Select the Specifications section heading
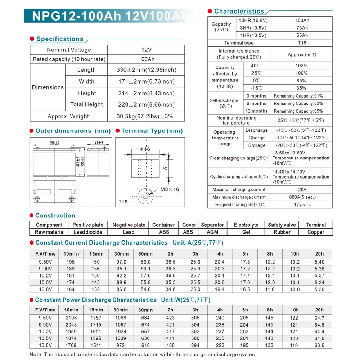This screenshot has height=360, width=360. tap(60, 39)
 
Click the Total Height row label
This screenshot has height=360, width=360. tap(86, 104)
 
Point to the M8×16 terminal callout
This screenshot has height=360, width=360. tap(170, 189)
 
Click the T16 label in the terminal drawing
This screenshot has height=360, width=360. tap(123, 202)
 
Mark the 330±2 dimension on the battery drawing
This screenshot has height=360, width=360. tap(54, 143)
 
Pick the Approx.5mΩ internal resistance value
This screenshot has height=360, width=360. tap(302, 55)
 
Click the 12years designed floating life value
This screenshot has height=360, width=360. tap(302, 204)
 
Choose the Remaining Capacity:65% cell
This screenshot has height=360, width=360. tap(298, 111)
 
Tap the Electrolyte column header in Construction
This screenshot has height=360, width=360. tap(246, 225)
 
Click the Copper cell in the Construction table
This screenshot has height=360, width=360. tap(316, 232)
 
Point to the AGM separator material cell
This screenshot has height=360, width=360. tap(212, 232)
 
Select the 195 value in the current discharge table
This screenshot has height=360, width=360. tap(71, 262)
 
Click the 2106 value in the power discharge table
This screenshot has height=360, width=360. tap(71, 318)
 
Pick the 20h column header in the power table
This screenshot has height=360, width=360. tap(319, 310)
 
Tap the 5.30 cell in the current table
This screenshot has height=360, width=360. tap(319, 289)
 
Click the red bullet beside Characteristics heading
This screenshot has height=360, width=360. tap(210, 12)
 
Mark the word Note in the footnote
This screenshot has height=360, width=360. tap(36, 354)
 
